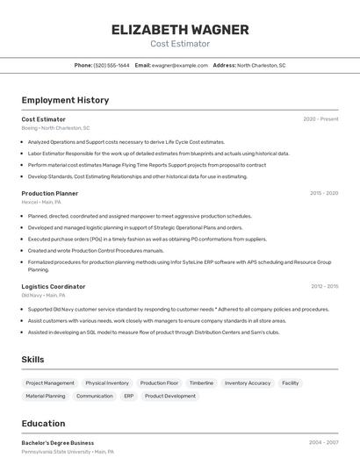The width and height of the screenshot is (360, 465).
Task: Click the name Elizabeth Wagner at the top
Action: point(180,29)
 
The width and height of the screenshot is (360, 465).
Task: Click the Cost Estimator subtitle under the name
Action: point(180,43)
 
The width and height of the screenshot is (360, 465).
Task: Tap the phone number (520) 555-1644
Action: point(112,65)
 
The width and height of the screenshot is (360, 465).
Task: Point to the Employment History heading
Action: point(65,100)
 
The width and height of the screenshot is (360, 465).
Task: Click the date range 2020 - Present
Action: point(320,119)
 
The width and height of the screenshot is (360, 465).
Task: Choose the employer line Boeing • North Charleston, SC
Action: point(55,128)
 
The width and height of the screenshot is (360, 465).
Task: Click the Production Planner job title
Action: point(50,193)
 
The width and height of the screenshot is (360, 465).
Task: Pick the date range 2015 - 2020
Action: point(324,193)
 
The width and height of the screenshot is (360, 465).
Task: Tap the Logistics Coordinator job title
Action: point(54,286)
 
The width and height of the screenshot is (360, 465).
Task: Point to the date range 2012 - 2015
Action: point(324,286)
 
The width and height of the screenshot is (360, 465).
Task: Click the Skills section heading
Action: point(33,360)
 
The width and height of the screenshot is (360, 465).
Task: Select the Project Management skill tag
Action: point(50,383)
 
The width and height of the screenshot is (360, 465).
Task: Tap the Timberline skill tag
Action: point(201,383)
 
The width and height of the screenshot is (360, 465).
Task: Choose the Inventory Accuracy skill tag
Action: point(248,383)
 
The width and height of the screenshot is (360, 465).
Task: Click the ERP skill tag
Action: point(128,396)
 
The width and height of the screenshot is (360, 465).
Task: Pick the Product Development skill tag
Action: point(170,396)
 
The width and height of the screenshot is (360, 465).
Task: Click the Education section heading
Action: point(43,423)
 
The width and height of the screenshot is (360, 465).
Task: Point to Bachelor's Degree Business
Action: point(58,443)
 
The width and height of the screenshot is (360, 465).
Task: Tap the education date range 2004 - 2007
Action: point(323,443)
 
